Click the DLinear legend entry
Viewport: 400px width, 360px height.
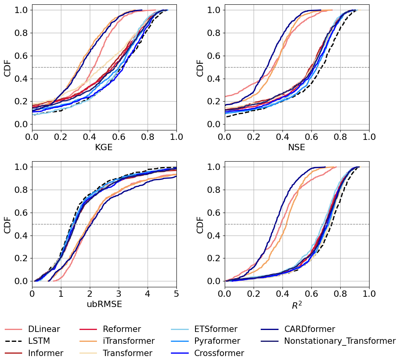pos(44,329)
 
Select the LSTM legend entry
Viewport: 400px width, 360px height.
pos(39,341)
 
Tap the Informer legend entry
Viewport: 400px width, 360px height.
pos(45,353)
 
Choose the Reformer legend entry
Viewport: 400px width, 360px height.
pos(121,329)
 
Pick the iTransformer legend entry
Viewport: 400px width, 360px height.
pos(129,341)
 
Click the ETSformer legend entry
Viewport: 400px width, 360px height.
pos(216,329)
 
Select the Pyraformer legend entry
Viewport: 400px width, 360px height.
pos(217,341)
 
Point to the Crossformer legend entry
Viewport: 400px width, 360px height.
pos(219,353)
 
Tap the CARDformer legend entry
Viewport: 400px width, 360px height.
pos(309,329)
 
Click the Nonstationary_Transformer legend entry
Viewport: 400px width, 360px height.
pos(339,341)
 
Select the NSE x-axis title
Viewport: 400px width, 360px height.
pos(297,147)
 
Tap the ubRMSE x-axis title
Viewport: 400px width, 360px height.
pos(104,304)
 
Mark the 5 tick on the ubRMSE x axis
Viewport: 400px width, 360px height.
pos(176,294)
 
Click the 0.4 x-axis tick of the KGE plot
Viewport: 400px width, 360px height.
pos(90,137)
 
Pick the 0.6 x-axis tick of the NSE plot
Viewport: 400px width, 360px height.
pos(311,137)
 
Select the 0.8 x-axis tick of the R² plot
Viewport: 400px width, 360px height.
pos(340,294)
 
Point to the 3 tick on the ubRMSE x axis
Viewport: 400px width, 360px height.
pos(119,294)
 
